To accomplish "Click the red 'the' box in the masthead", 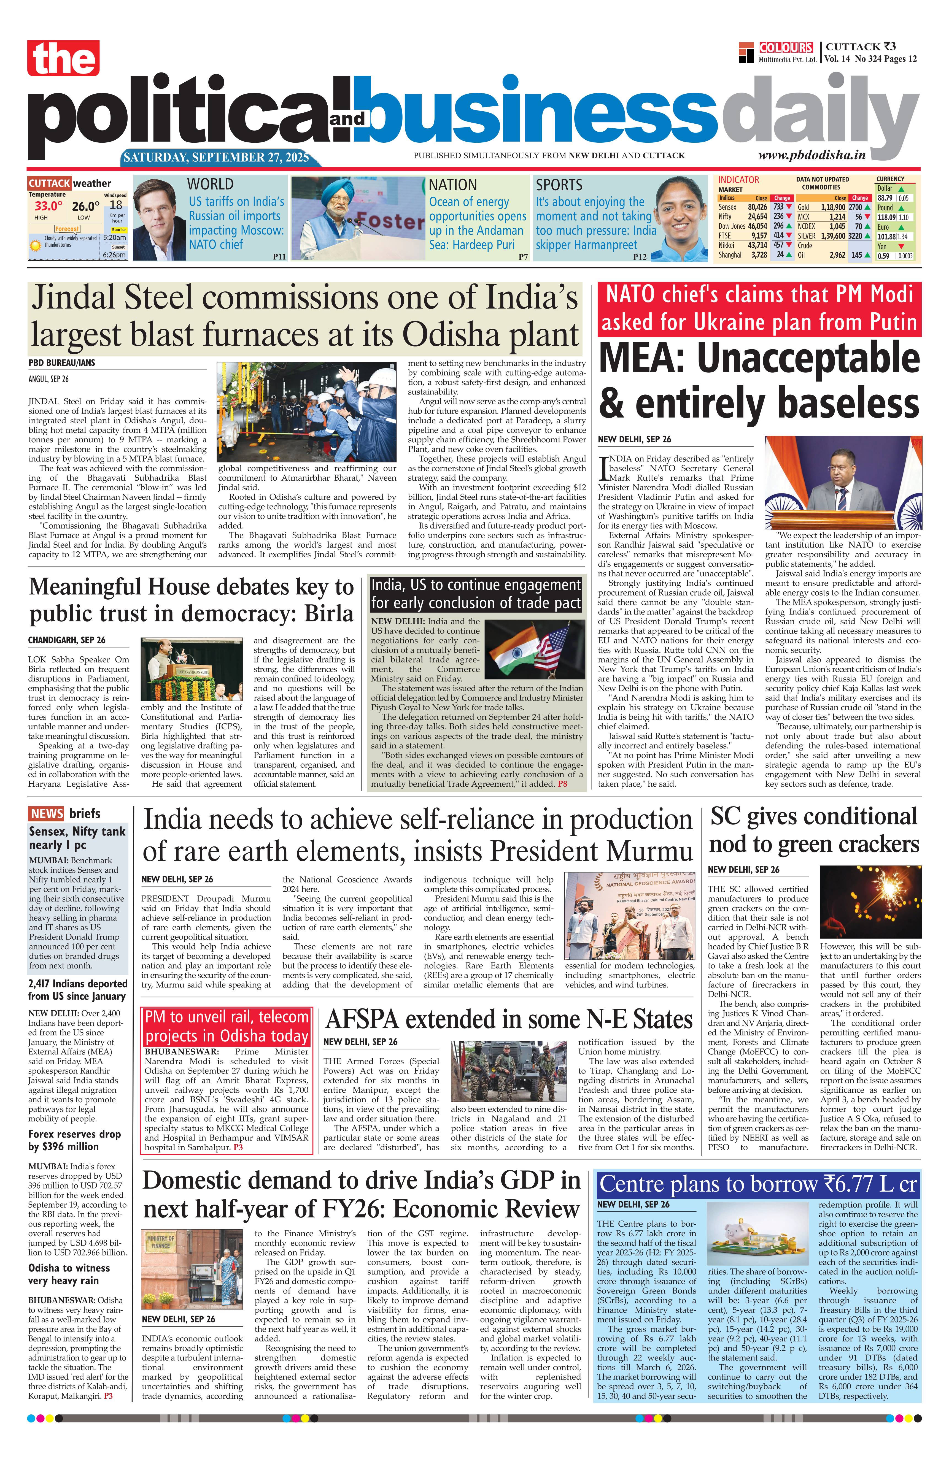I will click(63, 58).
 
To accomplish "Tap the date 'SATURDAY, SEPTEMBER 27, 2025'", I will click(217, 158).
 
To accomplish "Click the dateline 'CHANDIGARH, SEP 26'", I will click(66, 640).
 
